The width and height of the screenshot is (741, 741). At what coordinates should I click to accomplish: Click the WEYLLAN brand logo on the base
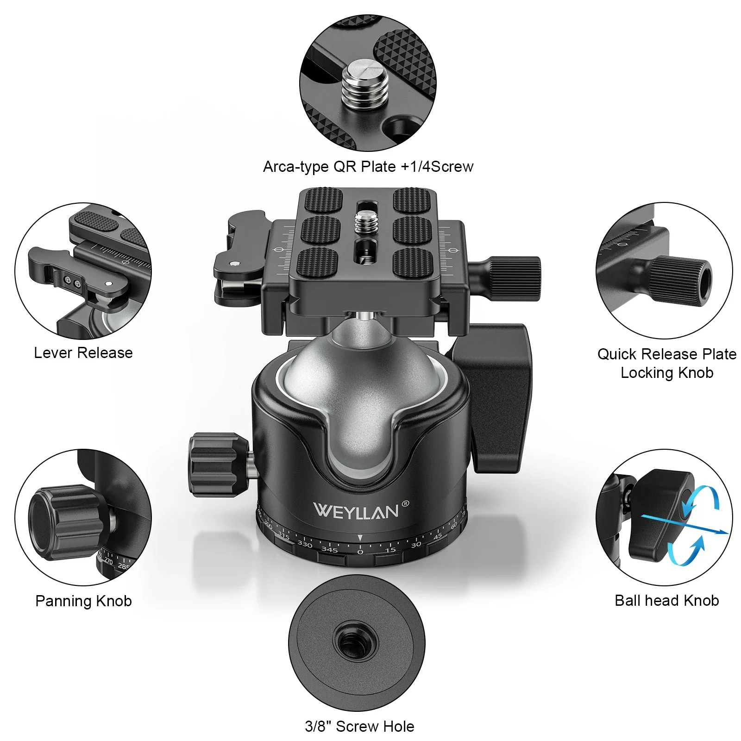tap(356, 511)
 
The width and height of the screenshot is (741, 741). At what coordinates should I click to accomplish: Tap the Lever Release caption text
tap(83, 353)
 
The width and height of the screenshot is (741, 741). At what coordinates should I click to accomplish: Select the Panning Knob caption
tap(83, 601)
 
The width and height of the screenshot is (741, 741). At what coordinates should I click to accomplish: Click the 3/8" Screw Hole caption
tap(359, 726)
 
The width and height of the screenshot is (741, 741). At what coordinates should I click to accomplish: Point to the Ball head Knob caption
tap(666, 600)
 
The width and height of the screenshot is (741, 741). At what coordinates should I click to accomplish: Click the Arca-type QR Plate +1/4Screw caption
tap(368, 167)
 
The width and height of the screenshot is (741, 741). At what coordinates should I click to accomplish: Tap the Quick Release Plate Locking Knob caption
tap(666, 364)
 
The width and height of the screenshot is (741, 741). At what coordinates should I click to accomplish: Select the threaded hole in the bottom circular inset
tap(356, 644)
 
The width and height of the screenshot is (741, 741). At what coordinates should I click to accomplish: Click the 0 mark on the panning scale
tap(360, 552)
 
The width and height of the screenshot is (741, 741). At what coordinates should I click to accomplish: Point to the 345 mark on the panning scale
tap(329, 550)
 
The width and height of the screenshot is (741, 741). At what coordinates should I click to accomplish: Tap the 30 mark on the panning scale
tap(416, 545)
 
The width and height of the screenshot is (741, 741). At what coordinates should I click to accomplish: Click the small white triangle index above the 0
tap(360, 538)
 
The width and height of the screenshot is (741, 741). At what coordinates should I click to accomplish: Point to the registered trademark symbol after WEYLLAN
tap(406, 503)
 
